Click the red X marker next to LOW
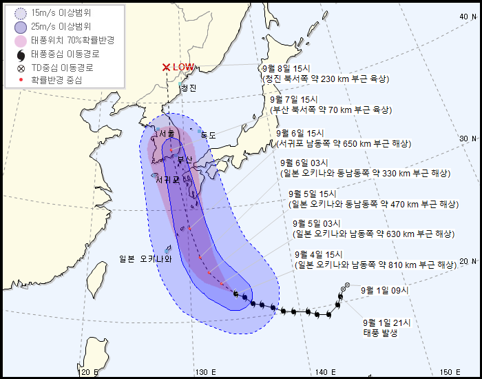tap(166, 67)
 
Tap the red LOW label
tap(183, 67)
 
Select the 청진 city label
tap(188, 88)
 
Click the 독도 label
tap(208, 136)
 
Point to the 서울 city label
tap(166, 135)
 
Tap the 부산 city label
tap(185, 160)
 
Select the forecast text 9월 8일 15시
tap(286, 69)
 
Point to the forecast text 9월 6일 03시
tap(305, 163)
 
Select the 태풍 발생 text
tap(381, 334)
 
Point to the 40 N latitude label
tap(465, 16)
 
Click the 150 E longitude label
tap(450, 372)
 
